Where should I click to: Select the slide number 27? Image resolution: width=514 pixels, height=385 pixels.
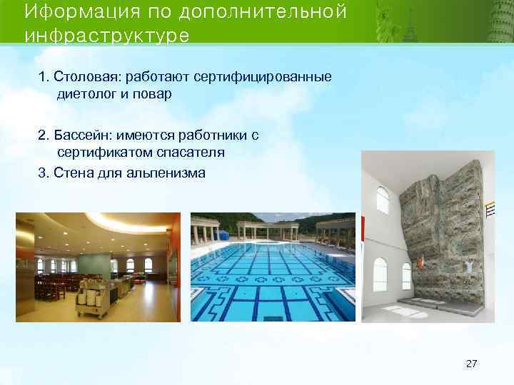click(x=471, y=364)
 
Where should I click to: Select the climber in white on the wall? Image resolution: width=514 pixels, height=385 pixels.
click(x=468, y=267)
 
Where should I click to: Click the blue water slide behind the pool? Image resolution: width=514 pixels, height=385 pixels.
click(x=223, y=235)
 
